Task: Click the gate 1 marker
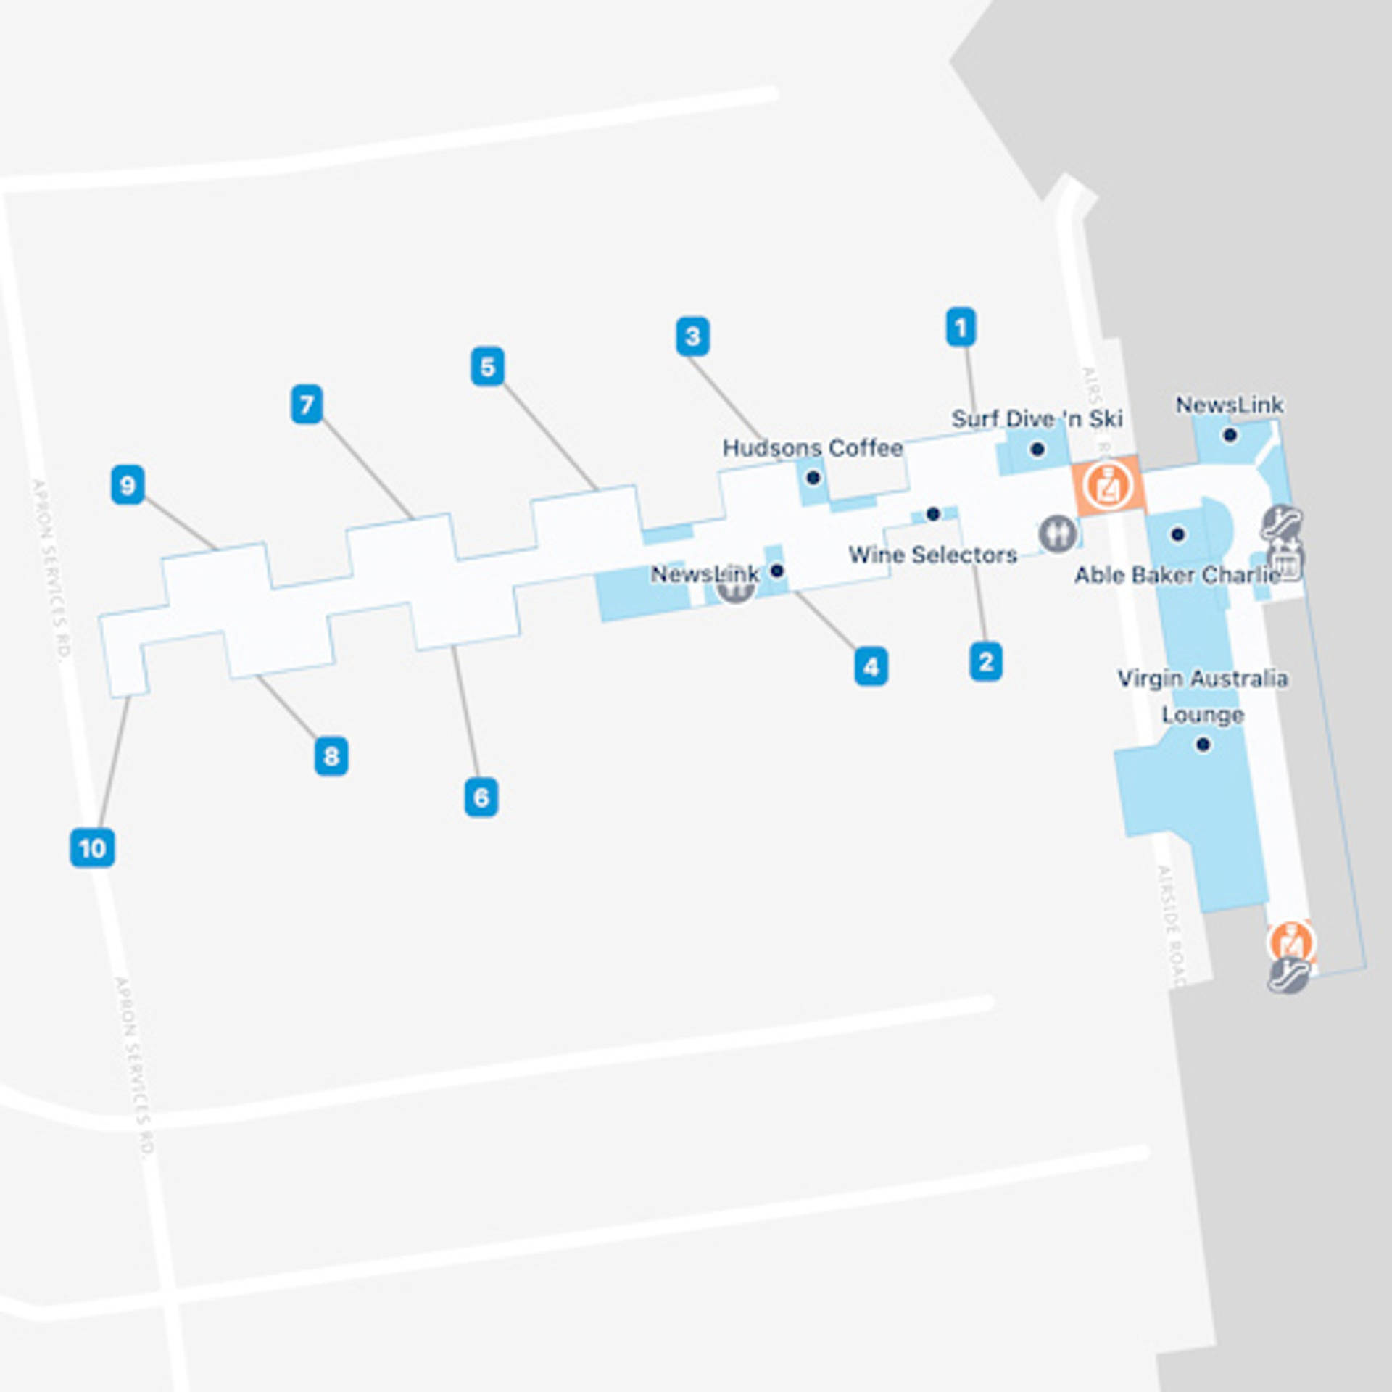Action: [x=961, y=328]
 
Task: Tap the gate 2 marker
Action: [x=986, y=661]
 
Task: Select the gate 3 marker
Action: [x=692, y=336]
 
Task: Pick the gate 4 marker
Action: [x=871, y=666]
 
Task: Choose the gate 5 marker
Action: [x=487, y=367]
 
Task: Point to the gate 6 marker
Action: [x=481, y=797]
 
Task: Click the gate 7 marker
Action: [x=307, y=405]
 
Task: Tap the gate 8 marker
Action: [x=331, y=756]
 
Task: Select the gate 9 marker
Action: [x=128, y=485]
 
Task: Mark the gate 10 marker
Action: [x=92, y=848]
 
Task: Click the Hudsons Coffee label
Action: [x=813, y=448]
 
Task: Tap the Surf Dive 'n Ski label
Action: [x=1037, y=418]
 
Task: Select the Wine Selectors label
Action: [x=932, y=555]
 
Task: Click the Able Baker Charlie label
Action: [x=1177, y=575]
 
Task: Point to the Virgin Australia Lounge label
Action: [x=1203, y=696]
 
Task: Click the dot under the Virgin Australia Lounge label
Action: [x=1203, y=745]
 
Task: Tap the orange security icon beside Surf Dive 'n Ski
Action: [x=1107, y=486]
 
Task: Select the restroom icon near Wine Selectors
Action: [x=1058, y=534]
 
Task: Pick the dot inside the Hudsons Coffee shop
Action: [x=813, y=478]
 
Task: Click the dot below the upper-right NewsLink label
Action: [x=1230, y=435]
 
